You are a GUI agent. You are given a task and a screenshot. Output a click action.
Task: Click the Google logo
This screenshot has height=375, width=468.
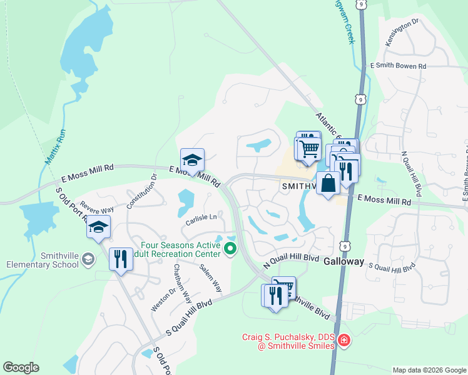click(x=21, y=367)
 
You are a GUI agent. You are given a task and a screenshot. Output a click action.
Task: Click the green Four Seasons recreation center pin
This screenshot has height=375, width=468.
click(x=230, y=249)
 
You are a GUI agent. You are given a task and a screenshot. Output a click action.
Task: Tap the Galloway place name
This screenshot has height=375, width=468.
click(x=343, y=262)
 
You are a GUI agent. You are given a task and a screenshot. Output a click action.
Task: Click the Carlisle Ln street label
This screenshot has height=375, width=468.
click(x=201, y=217)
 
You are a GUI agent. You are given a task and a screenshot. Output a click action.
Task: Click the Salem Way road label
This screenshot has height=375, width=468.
click(x=211, y=277)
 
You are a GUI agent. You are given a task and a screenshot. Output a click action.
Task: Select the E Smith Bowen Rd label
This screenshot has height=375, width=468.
click(x=398, y=66)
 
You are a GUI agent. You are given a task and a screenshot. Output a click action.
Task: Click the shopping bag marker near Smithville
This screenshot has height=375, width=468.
click(x=328, y=184)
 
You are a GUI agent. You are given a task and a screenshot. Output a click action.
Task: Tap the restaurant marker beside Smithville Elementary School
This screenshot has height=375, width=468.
click(x=120, y=258)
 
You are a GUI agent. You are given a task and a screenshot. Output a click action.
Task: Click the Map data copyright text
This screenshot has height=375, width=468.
click(x=429, y=370)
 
